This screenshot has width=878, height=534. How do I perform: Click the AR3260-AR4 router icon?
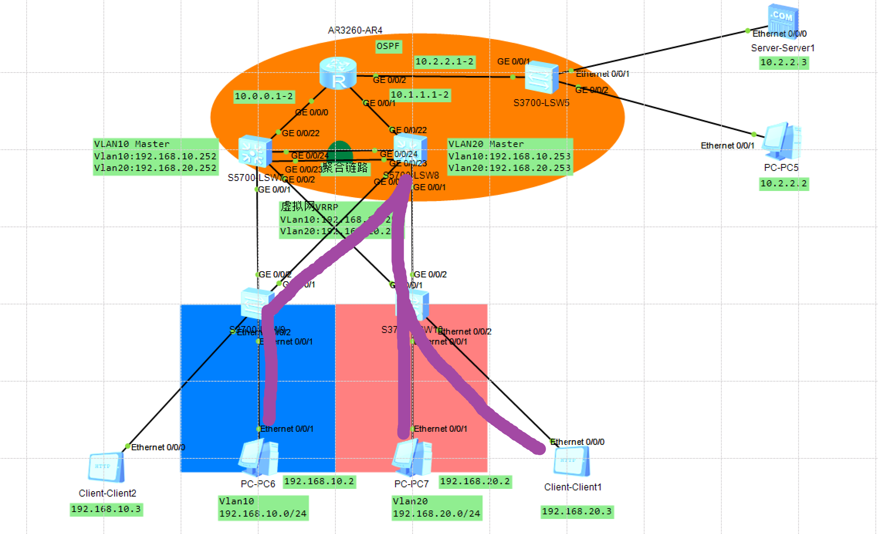(x=338, y=73)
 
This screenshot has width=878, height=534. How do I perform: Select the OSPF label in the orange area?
(x=388, y=46)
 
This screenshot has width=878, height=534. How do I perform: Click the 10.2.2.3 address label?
(x=783, y=63)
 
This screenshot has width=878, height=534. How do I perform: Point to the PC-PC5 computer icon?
(x=782, y=141)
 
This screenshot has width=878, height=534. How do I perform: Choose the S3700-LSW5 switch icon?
(x=541, y=78)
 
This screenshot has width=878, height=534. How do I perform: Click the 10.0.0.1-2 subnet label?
(x=264, y=96)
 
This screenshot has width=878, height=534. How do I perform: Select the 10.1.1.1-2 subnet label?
(x=420, y=95)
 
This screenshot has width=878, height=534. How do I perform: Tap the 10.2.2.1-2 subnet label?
(x=445, y=62)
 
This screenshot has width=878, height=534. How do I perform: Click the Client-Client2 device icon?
(x=107, y=467)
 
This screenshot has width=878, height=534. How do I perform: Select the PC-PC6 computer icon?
(x=259, y=458)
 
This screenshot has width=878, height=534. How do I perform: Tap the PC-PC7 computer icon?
(x=412, y=458)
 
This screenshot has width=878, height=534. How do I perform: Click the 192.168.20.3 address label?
(x=577, y=512)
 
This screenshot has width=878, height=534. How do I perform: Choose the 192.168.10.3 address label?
(x=106, y=509)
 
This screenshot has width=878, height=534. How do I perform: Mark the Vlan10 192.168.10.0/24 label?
(x=263, y=508)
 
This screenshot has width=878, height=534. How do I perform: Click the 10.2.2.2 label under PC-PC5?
(x=783, y=184)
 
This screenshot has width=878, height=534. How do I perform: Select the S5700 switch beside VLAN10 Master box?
(x=255, y=151)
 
